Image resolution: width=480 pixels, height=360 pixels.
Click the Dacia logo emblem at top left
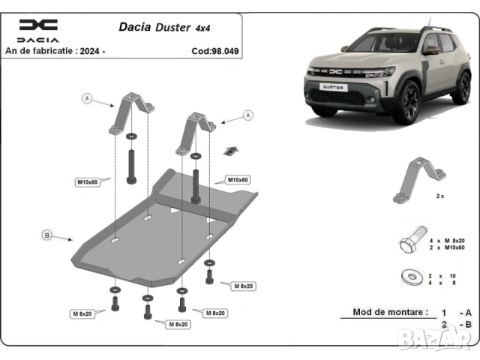[x=37, y=25]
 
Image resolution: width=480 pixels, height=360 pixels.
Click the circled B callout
[x=46, y=235]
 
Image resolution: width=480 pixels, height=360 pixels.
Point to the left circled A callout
[x=86, y=98]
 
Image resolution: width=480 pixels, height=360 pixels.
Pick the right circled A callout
[x=248, y=115]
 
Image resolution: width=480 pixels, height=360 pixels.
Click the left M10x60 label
[x=88, y=181]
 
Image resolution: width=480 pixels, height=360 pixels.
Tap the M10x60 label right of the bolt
[x=238, y=180]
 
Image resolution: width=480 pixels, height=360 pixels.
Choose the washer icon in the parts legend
[x=411, y=276]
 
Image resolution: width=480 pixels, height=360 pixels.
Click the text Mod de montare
[x=390, y=311]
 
